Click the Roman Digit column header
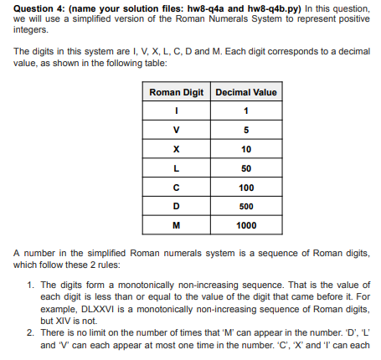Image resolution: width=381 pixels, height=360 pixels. pyautogui.click(x=176, y=92)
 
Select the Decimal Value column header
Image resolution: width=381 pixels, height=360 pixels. pyautogui.click(x=246, y=92)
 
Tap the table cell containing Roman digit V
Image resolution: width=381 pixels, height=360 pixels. pyautogui.click(x=176, y=130)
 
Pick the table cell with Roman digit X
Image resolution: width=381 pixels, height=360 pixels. pyautogui.click(x=176, y=149)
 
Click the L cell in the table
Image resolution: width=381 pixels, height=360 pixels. pyautogui.click(x=176, y=168)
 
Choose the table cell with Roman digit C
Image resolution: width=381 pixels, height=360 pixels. pyautogui.click(x=176, y=188)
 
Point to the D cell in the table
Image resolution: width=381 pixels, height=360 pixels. pyautogui.click(x=176, y=207)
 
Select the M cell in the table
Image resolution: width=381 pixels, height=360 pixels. pyautogui.click(x=176, y=225)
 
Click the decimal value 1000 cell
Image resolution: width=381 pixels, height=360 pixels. pyautogui.click(x=246, y=225)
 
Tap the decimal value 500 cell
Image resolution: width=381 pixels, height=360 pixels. pyautogui.click(x=246, y=207)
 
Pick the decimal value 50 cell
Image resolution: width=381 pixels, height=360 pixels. pyautogui.click(x=246, y=168)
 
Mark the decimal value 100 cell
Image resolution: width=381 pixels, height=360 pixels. pyautogui.click(x=246, y=188)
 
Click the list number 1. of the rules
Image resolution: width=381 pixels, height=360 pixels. pyautogui.click(x=32, y=285)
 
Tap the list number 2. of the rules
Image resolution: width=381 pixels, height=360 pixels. pyautogui.click(x=32, y=332)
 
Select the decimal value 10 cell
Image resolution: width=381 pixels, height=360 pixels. pyautogui.click(x=246, y=149)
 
